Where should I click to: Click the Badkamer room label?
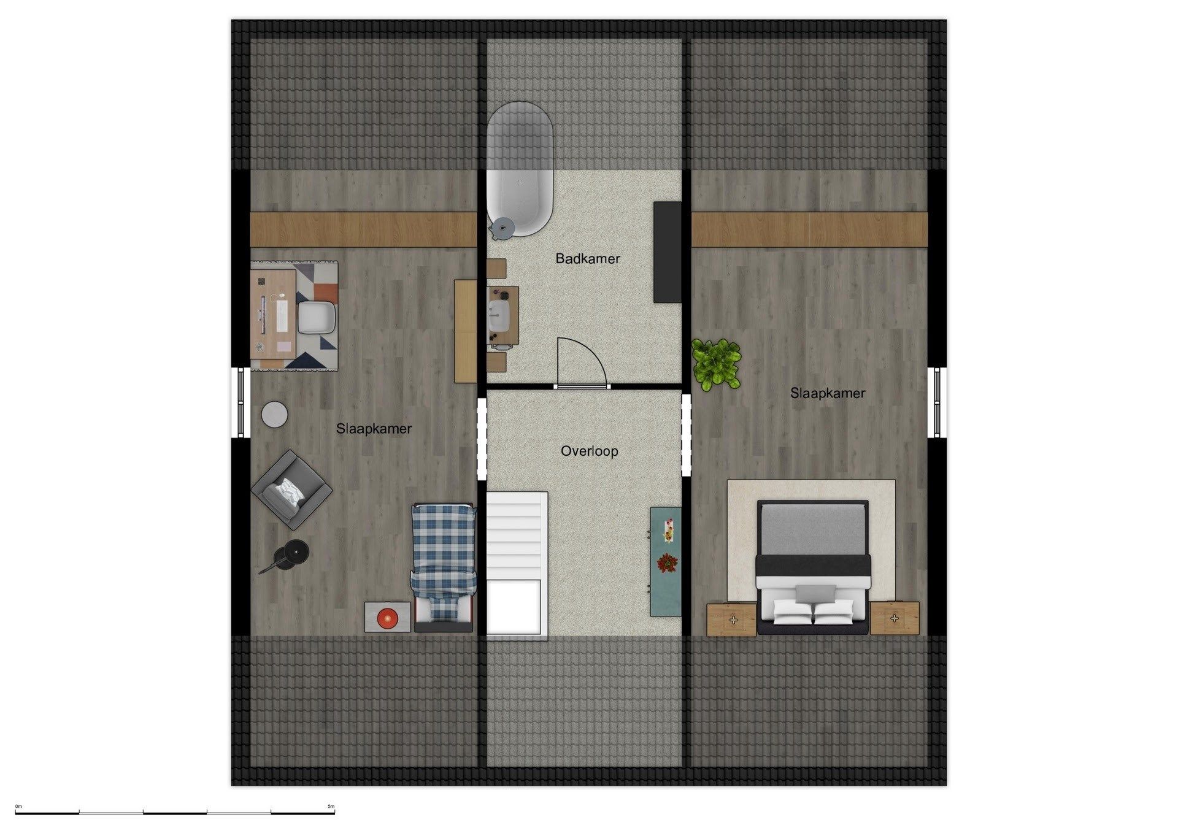[587, 259]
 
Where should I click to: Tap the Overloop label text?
[589, 451]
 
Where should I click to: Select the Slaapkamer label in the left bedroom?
[374, 429]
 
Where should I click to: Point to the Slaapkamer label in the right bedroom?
[828, 393]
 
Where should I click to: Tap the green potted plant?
[716, 365]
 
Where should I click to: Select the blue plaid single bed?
[443, 567]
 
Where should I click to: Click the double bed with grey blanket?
[813, 567]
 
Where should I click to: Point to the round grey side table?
[274, 415]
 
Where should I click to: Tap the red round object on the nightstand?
[387, 618]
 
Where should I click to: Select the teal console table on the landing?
[666, 561]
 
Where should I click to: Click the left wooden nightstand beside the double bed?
[731, 619]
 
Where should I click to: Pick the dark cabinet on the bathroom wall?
[668, 252]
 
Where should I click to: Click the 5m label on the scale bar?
[331, 807]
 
